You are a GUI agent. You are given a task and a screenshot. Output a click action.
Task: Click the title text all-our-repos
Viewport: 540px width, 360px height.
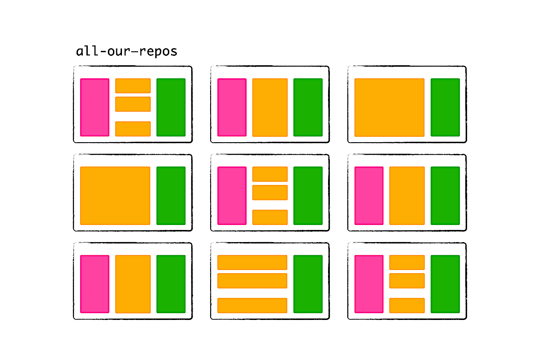click(x=126, y=51)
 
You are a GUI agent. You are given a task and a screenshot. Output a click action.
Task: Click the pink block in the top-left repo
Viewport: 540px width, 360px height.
click(x=95, y=107)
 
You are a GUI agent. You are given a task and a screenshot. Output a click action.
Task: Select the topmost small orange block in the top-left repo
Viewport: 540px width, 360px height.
click(x=133, y=85)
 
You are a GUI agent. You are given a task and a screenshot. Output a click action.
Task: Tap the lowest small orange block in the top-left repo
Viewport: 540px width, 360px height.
click(x=133, y=129)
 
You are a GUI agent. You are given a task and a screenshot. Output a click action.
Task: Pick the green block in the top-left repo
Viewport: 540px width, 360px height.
click(x=171, y=107)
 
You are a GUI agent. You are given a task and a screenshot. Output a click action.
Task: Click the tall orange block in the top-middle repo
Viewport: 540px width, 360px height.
click(x=270, y=107)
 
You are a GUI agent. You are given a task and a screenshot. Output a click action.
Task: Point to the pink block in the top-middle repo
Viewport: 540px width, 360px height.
click(x=232, y=107)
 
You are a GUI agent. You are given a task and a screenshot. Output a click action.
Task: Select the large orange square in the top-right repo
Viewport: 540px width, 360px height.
click(x=389, y=107)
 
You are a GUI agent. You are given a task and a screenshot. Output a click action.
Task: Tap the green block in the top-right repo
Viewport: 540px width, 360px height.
click(x=445, y=107)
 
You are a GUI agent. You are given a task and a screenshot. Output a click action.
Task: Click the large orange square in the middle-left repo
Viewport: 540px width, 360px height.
click(x=115, y=196)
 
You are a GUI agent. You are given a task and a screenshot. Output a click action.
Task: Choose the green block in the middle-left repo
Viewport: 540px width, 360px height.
click(x=171, y=196)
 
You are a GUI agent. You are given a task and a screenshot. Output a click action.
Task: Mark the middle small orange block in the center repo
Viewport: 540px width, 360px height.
click(x=270, y=193)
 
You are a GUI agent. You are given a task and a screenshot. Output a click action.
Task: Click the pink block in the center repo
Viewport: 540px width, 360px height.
click(x=232, y=196)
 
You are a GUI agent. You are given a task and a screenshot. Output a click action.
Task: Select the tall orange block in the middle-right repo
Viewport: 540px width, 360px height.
click(x=407, y=196)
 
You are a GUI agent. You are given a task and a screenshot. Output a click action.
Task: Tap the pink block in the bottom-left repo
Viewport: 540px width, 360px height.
click(x=95, y=284)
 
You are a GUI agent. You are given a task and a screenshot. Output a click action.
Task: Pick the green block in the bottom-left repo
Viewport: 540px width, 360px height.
click(x=171, y=284)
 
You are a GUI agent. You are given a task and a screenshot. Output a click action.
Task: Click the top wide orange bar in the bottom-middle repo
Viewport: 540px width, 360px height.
click(x=252, y=262)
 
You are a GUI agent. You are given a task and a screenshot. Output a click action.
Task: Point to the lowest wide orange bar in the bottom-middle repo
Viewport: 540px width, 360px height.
click(x=252, y=306)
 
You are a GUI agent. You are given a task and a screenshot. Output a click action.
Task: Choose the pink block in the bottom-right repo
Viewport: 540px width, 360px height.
click(x=369, y=284)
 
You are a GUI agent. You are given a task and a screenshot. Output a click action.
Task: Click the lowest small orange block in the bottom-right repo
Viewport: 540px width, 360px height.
click(x=407, y=306)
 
